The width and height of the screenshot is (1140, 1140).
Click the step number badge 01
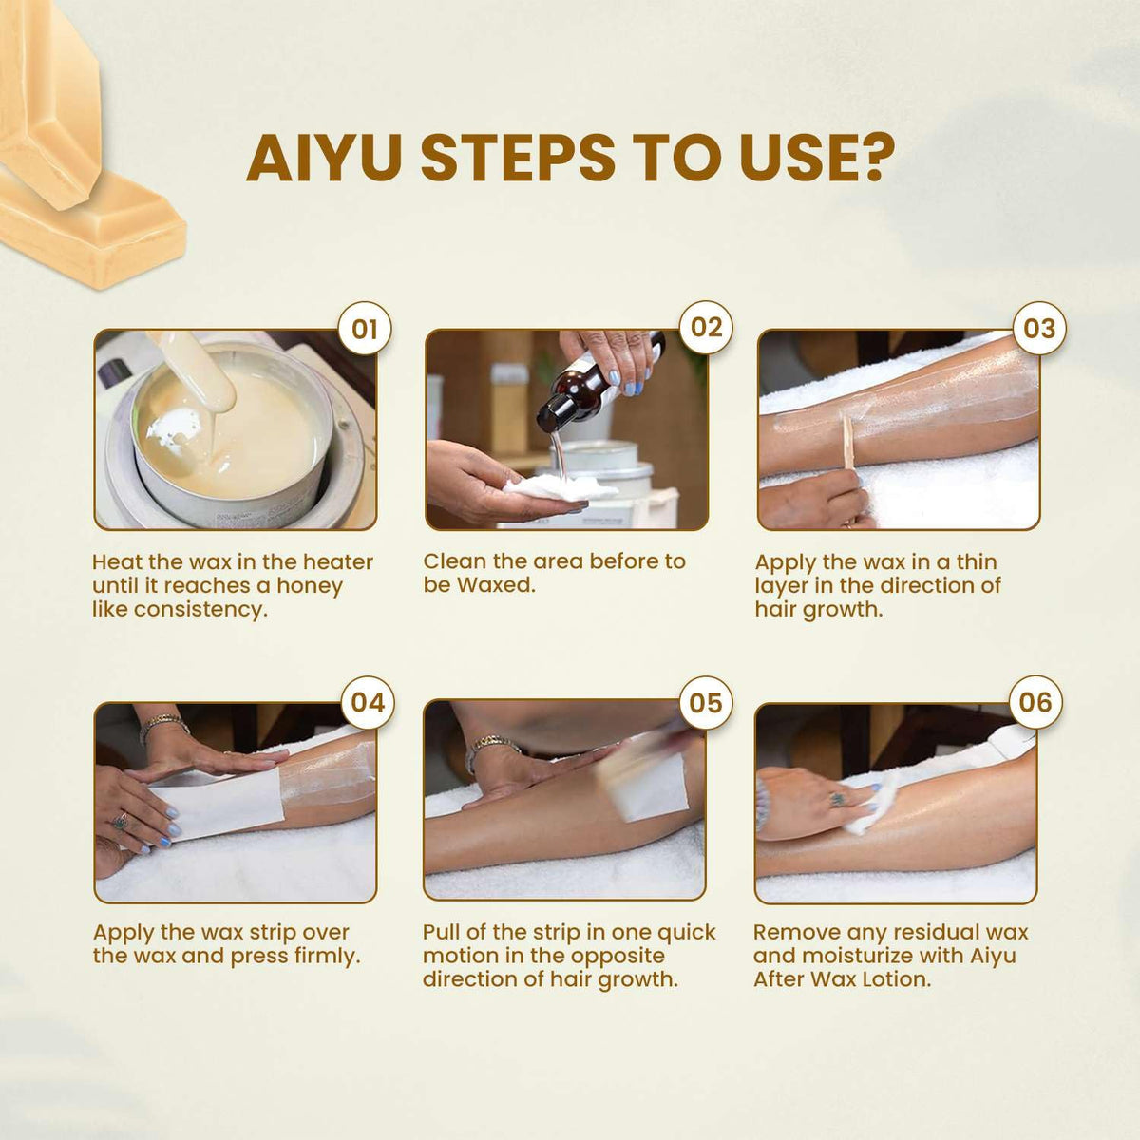[365, 329]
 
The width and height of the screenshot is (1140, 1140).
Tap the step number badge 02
[707, 328]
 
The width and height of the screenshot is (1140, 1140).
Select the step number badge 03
[1039, 329]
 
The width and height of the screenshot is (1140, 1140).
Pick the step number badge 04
[368, 703]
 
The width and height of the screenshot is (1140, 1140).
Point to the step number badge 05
[706, 703]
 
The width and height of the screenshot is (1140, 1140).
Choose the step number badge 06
[1035, 702]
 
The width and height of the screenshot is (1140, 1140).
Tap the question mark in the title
[873, 157]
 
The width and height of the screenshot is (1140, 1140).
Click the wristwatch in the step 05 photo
[491, 749]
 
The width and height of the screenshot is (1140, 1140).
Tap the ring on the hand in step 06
[837, 800]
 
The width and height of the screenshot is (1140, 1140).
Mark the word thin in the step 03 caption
[977, 561]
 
